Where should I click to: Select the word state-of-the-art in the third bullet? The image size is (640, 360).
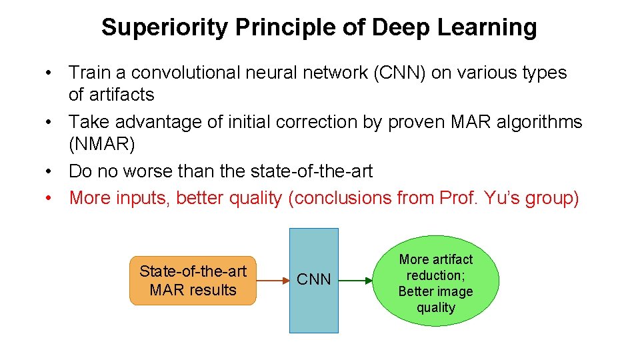311,171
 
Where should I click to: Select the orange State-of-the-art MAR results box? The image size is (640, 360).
193,281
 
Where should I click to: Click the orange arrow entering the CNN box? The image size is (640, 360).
273,281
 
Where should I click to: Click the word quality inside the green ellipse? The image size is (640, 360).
436,307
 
